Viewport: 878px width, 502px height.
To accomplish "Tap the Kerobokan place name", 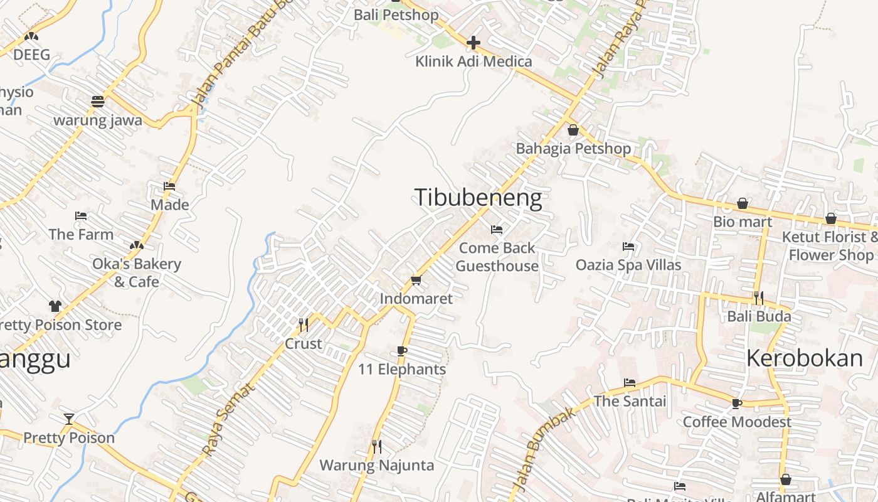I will [x=805, y=358].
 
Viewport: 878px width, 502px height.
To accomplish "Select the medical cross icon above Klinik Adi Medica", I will [x=473, y=43].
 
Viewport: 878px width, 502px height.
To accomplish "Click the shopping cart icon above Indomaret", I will [x=416, y=280].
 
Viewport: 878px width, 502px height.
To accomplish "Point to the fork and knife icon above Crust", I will [x=304, y=325].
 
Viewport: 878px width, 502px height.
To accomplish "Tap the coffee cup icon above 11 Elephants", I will [x=402, y=351].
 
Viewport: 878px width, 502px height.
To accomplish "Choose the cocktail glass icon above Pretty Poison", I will [x=69, y=419].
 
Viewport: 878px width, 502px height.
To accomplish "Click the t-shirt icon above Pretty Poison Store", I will [x=55, y=306].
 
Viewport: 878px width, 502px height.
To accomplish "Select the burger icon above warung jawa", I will [x=97, y=101].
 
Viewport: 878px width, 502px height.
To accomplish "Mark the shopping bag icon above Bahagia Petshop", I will [x=573, y=131].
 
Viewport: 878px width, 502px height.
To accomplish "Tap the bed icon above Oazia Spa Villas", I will [x=628, y=247].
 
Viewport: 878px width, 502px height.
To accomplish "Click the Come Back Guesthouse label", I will [x=497, y=257].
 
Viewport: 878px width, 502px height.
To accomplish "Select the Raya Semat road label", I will [x=228, y=419].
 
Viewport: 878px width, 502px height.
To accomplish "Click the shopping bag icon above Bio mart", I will [x=743, y=203].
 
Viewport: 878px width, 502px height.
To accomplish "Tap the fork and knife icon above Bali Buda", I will [x=759, y=298].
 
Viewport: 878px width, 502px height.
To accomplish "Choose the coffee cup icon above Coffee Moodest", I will [x=737, y=403].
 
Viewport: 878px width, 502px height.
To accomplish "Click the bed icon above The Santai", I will [x=630, y=383].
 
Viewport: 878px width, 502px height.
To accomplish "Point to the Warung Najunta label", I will [x=376, y=465].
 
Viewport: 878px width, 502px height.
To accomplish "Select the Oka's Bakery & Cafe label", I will [x=137, y=272].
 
